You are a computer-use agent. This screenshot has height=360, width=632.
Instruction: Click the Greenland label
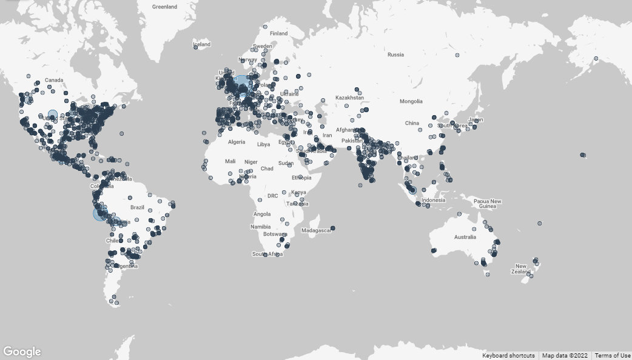pyautogui.click(x=164, y=7)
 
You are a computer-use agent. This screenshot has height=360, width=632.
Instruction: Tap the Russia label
pyautogui.click(x=395, y=55)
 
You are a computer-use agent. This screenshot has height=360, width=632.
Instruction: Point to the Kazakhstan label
pyautogui.click(x=350, y=98)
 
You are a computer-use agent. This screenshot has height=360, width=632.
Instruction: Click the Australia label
pyautogui.click(x=465, y=236)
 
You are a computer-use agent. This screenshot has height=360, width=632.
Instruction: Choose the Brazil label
pyautogui.click(x=137, y=207)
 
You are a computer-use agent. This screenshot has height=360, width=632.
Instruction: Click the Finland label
pyautogui.click(x=279, y=33)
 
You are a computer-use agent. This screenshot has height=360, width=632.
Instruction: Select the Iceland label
pyautogui.click(x=201, y=44)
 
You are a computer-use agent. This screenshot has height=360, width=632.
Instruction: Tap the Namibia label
pyautogui.click(x=260, y=226)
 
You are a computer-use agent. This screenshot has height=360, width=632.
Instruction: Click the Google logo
pyautogui.click(x=22, y=352)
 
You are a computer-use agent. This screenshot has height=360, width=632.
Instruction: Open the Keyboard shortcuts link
pyautogui.click(x=508, y=356)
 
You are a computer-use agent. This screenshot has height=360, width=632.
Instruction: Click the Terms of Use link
pyautogui.click(x=613, y=356)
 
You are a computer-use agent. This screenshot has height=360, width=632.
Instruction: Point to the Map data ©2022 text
pyautogui.click(x=565, y=356)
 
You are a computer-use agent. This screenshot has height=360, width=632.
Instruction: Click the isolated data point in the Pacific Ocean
pyautogui.click(x=583, y=155)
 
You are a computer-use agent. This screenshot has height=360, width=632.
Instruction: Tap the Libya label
pyautogui.click(x=264, y=145)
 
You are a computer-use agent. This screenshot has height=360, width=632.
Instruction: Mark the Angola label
pyautogui.click(x=262, y=214)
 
